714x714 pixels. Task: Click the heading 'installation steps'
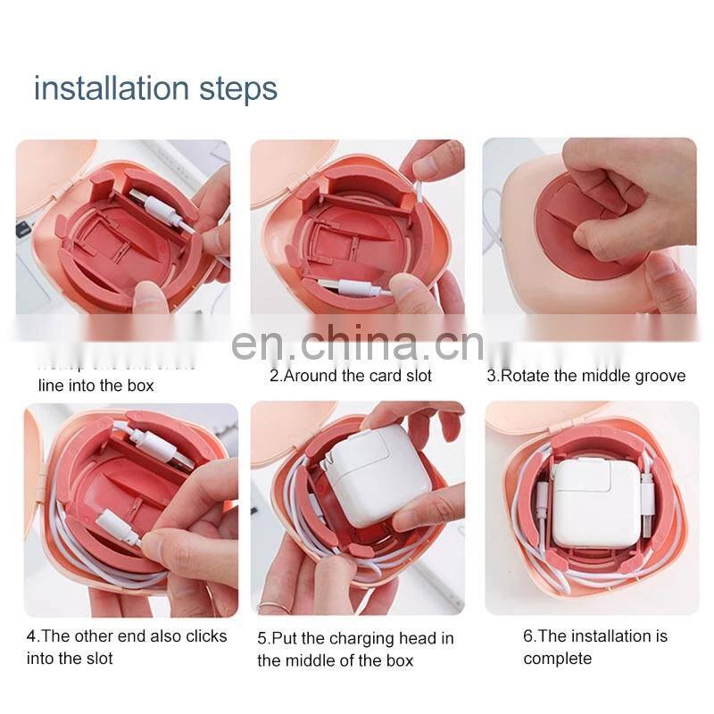tap(155, 89)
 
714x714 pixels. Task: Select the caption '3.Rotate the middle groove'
tap(585, 376)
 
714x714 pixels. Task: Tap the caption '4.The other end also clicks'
tap(126, 636)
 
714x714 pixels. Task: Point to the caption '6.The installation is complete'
tap(594, 647)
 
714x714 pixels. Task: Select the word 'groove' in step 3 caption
tap(660, 376)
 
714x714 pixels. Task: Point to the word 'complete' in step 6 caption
tap(557, 659)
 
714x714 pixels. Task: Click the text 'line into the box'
tap(95, 386)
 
